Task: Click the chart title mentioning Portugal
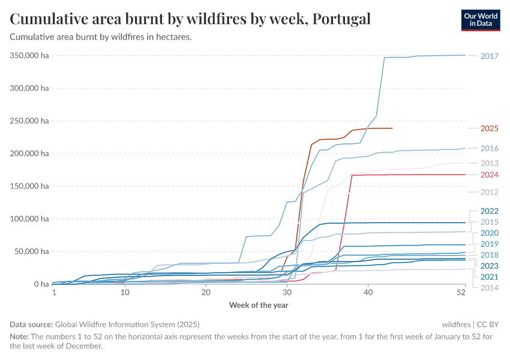click(190, 19)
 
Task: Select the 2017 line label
click(489, 56)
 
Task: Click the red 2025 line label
click(489, 128)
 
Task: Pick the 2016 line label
click(489, 148)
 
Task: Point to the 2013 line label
click(489, 163)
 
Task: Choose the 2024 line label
click(489, 175)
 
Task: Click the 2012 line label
click(489, 192)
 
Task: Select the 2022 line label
click(489, 211)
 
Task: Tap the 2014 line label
click(489, 287)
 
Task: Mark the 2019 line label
click(489, 244)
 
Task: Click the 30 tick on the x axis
click(287, 293)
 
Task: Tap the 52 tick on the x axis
click(461, 293)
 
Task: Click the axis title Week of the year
click(258, 305)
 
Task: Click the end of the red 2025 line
click(392, 128)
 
